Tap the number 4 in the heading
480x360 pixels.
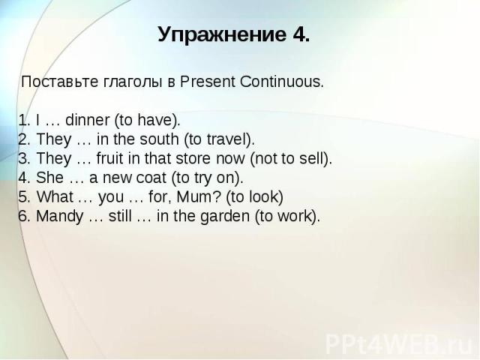pos(299,34)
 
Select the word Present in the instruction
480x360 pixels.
pos(208,82)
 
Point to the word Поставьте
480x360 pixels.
pos(59,82)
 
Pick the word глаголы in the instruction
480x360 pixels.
pos(132,82)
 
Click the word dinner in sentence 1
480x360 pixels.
pos(87,120)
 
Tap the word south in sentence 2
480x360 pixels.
pos(159,139)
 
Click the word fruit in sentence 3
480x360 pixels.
pos(110,158)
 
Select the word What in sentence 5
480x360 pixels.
pos(55,196)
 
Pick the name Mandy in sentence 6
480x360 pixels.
pos(60,217)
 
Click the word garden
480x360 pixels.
pos(225,216)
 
